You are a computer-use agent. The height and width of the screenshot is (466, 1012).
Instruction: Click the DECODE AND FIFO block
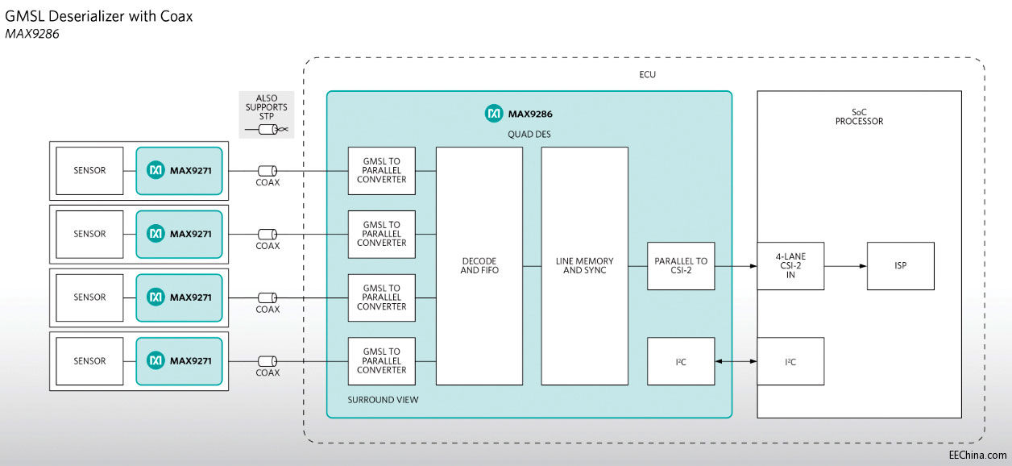coord(479,265)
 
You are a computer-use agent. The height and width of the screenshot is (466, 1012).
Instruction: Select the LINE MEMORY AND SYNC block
coord(584,265)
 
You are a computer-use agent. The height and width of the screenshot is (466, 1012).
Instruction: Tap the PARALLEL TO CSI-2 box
coord(681,265)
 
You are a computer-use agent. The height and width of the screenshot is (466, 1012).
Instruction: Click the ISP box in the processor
coord(900,265)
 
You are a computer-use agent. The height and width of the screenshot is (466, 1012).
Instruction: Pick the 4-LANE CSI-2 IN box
coord(790,265)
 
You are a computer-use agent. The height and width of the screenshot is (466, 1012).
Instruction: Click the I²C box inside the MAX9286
coord(681,361)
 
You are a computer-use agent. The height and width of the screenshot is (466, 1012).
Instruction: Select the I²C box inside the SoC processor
coord(790,361)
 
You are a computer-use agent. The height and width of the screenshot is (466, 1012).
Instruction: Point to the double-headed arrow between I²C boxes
coord(736,361)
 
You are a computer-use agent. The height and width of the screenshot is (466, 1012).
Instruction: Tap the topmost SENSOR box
coord(89,170)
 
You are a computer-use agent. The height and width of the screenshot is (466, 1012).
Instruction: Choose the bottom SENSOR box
coord(89,360)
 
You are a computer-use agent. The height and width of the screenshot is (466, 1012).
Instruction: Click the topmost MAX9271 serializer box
coord(179,170)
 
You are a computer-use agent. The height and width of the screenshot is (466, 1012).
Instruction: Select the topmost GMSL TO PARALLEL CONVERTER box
coord(382,170)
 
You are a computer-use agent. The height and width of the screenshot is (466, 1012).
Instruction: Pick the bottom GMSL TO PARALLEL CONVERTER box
coord(382,360)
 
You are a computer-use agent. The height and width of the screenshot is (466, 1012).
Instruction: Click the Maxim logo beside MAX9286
coord(494,114)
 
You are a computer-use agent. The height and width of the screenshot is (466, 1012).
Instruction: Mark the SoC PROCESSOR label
coord(859,116)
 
